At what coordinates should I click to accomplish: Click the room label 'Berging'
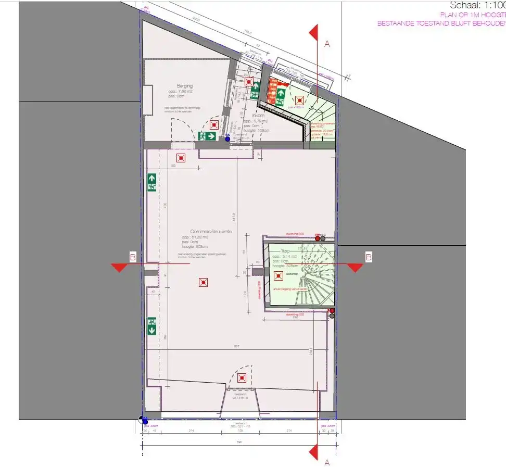(x=185, y=86)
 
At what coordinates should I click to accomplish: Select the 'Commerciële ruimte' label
(x=211, y=232)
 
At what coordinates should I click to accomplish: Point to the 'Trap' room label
(x=285, y=251)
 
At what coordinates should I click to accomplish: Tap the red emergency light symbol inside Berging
(x=214, y=125)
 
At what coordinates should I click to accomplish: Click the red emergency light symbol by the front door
(x=242, y=378)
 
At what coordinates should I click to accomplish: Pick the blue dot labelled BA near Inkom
(x=227, y=139)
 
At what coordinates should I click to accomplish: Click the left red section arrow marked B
(x=120, y=267)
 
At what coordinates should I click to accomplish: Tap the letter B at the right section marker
(x=369, y=257)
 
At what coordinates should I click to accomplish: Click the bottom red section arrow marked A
(x=313, y=452)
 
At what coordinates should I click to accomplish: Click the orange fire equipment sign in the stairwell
(x=272, y=92)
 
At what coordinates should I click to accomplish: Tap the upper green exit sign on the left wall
(x=152, y=182)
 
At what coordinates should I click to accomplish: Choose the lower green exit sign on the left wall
(x=152, y=326)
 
